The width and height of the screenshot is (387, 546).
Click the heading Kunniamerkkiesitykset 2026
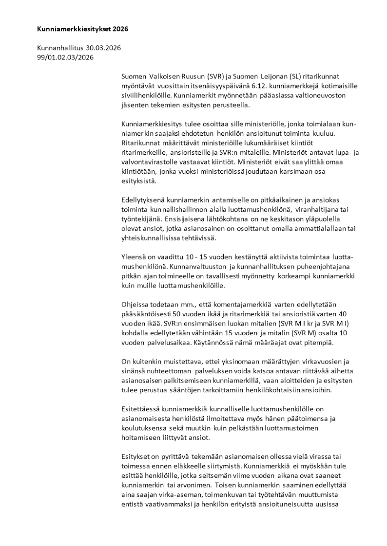[82, 29]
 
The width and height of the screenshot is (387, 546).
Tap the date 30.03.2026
[103, 48]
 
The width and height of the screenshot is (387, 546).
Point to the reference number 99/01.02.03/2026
[65, 57]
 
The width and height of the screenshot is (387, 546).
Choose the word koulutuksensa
[145, 428]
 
